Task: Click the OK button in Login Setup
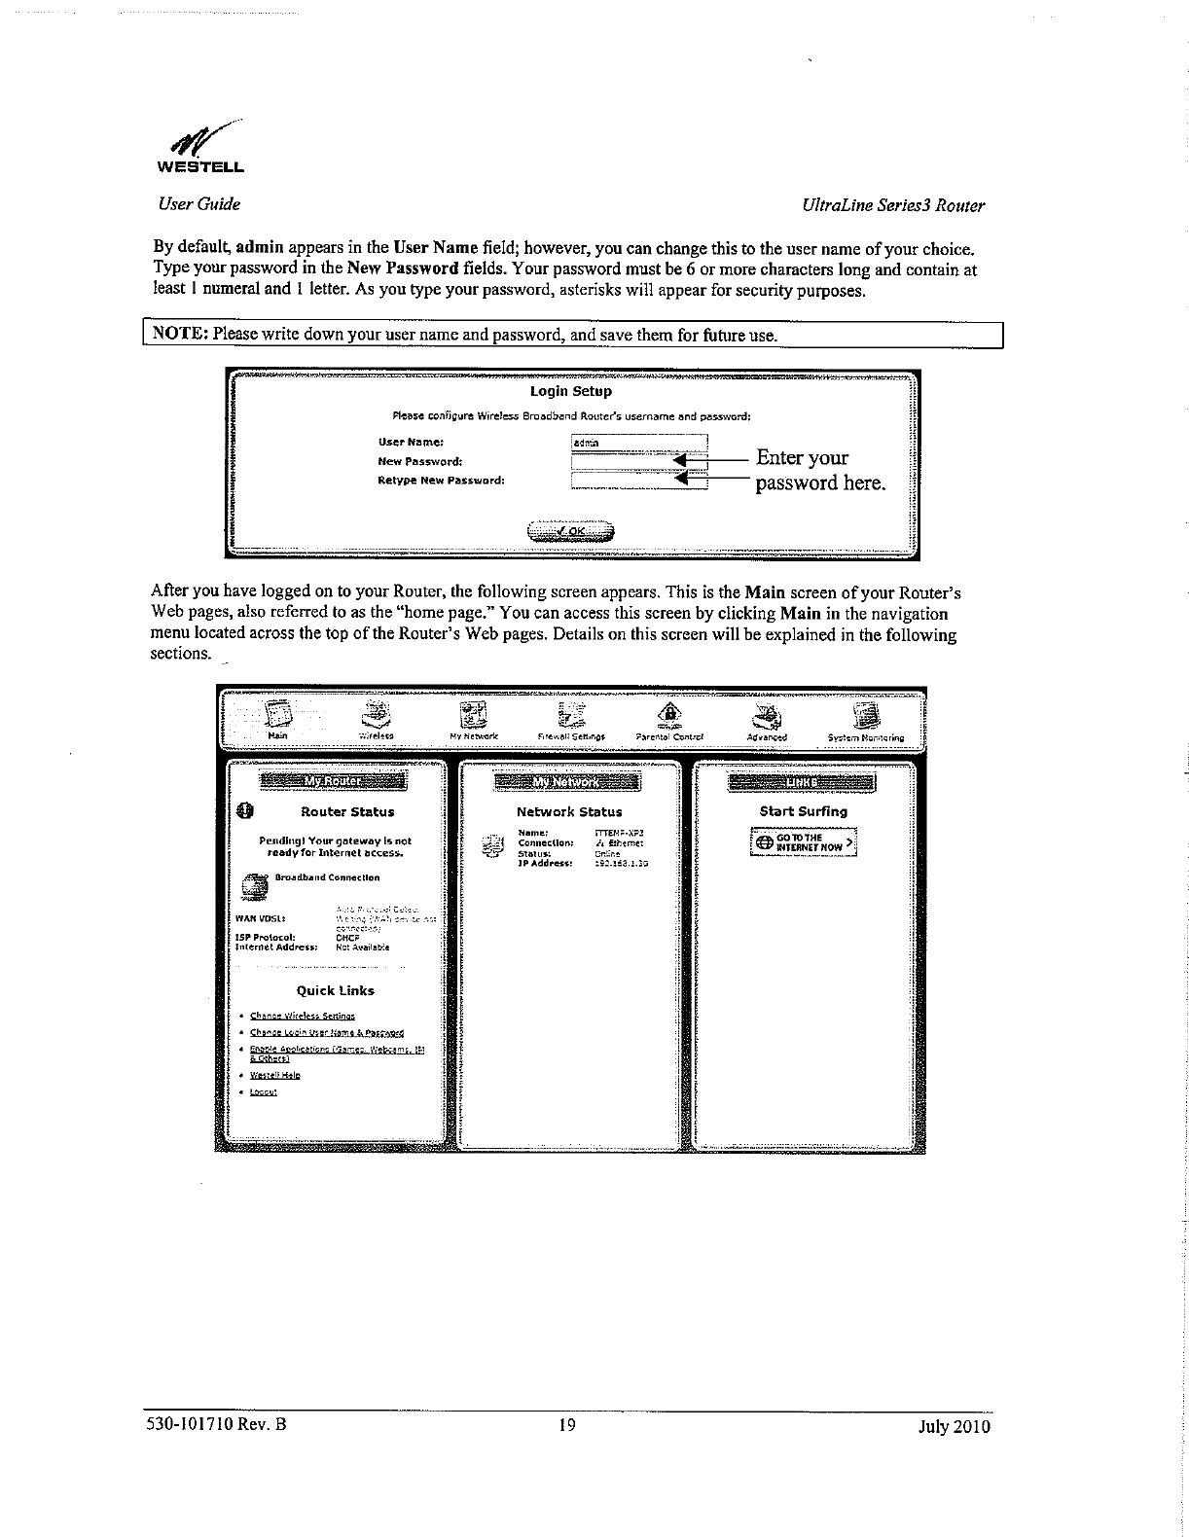click(x=572, y=531)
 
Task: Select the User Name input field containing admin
click(x=637, y=443)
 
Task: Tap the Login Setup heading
click(x=571, y=391)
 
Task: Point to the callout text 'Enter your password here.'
click(x=819, y=470)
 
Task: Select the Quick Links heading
click(x=336, y=990)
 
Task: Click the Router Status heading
click(x=347, y=811)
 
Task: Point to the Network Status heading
click(x=569, y=811)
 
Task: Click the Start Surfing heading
click(x=804, y=811)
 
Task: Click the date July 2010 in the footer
click(x=954, y=1427)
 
